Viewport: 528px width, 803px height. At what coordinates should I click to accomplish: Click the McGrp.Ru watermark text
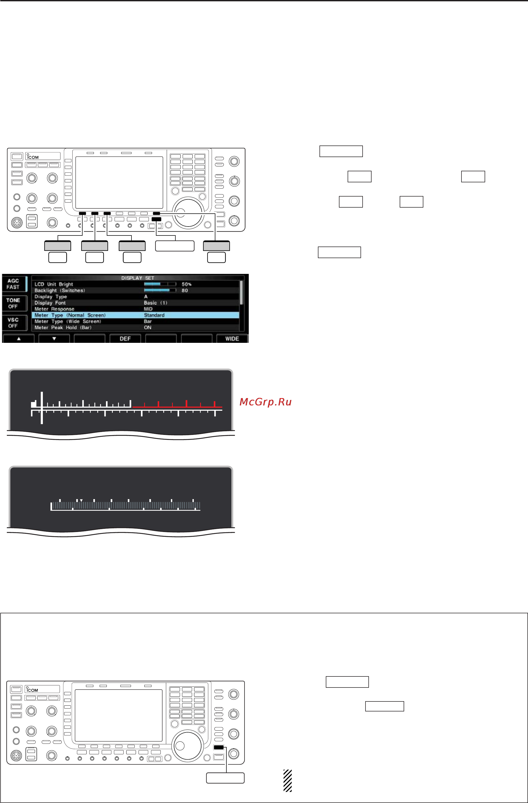(x=265, y=402)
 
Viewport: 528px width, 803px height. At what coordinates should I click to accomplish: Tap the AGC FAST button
(x=14, y=284)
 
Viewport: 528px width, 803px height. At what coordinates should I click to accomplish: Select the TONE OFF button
(x=14, y=303)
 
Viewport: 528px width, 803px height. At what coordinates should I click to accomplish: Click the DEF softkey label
(x=125, y=339)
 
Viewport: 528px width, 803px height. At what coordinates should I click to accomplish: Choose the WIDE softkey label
(x=232, y=339)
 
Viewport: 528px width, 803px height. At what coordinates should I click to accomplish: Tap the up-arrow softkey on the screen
(x=19, y=339)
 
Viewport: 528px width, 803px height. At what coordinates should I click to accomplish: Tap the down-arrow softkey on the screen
(x=54, y=339)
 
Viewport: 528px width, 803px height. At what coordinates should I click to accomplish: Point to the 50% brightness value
(x=186, y=284)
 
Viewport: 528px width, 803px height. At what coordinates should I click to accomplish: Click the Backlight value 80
(x=185, y=290)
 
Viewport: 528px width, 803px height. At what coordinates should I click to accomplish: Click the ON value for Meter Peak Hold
(x=148, y=328)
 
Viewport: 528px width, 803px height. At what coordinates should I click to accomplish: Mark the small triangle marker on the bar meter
(x=81, y=500)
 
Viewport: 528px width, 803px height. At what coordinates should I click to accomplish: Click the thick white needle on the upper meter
(x=42, y=408)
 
